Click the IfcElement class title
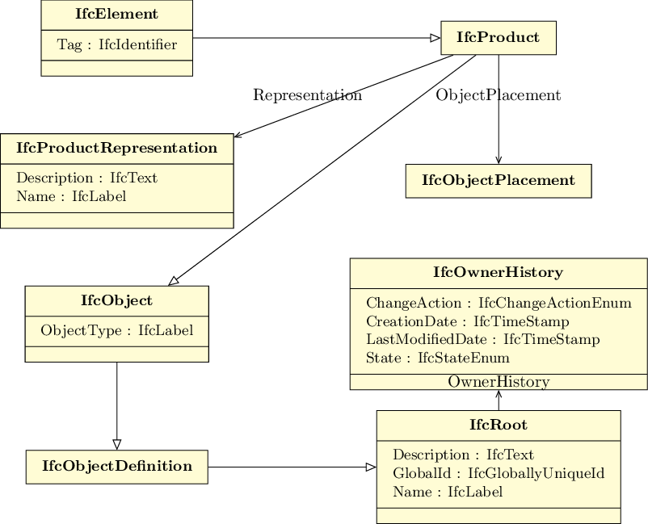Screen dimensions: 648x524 pyautogui.click(x=116, y=14)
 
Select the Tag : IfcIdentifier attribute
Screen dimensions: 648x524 pyautogui.click(x=117, y=44)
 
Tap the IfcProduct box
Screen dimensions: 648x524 pyautogui.click(x=499, y=38)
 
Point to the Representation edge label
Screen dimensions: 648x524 pyautogui.click(x=308, y=95)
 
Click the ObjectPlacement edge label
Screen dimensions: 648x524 pyautogui.click(x=499, y=95)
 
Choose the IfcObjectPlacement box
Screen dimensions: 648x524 pyautogui.click(x=499, y=181)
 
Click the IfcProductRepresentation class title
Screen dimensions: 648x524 pyautogui.click(x=117, y=149)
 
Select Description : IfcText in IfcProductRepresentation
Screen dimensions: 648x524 pyautogui.click(x=86, y=178)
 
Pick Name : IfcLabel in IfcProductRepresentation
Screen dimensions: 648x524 pyautogui.click(x=71, y=196)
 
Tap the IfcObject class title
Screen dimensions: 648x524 pyautogui.click(x=117, y=300)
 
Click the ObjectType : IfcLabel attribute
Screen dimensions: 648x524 pyautogui.click(x=117, y=330)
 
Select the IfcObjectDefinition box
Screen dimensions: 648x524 pyautogui.click(x=117, y=467)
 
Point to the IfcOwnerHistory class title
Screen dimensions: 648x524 pyautogui.click(x=499, y=273)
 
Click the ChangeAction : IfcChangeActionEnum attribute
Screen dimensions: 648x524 pyautogui.click(x=499, y=303)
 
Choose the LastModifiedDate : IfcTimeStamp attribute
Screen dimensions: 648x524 pyautogui.click(x=482, y=339)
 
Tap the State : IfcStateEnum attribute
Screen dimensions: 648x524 pyautogui.click(x=438, y=358)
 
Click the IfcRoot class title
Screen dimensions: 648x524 pyautogui.click(x=499, y=425)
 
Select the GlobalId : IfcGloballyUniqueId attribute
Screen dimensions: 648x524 pyautogui.click(x=499, y=473)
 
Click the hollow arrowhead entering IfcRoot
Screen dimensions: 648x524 pyautogui.click(x=371, y=467)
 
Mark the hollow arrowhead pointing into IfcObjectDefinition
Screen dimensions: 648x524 pyautogui.click(x=117, y=445)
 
